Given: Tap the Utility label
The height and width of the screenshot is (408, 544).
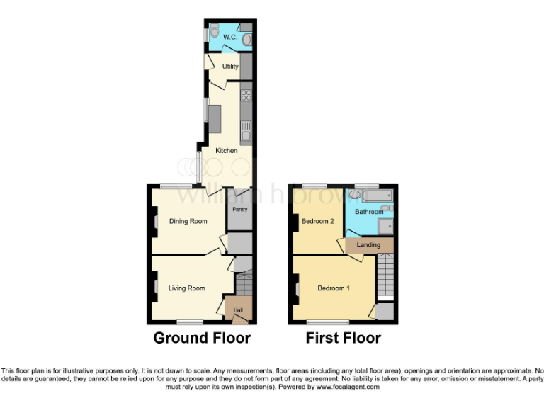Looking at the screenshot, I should [230, 67].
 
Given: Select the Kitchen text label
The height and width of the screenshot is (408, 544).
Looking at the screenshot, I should [227, 150].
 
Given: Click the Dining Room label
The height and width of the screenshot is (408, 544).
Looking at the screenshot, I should [188, 221].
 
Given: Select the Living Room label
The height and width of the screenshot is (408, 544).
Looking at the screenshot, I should [186, 288].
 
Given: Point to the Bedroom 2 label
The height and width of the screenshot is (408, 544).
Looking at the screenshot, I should [317, 221].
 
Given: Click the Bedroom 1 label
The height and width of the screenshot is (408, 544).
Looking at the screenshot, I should [333, 288].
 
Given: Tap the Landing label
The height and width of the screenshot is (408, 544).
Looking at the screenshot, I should [368, 245].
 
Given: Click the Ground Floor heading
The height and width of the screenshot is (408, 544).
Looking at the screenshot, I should [202, 338].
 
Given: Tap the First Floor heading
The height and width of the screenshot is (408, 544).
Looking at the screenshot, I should [344, 338].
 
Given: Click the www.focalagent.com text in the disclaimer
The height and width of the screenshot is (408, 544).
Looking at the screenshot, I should [348, 387].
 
